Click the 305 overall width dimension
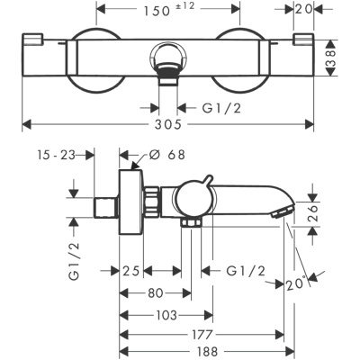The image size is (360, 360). [x=168, y=124]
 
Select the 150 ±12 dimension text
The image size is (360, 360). [x=169, y=10]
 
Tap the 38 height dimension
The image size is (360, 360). [x=330, y=58]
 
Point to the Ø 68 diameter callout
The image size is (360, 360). [x=167, y=155]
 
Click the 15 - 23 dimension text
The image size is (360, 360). [x=56, y=155]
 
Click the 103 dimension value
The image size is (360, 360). [x=166, y=315]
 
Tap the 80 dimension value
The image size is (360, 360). [x=156, y=293]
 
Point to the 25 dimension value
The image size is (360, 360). [x=131, y=271]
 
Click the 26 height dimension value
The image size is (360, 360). [x=312, y=213]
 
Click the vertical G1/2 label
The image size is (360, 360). [x=75, y=261]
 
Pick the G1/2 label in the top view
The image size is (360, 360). [x=221, y=108]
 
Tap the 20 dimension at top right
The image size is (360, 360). [x=303, y=9]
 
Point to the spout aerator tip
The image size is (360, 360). [x=283, y=211]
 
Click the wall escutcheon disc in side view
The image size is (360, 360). [x=130, y=202]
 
